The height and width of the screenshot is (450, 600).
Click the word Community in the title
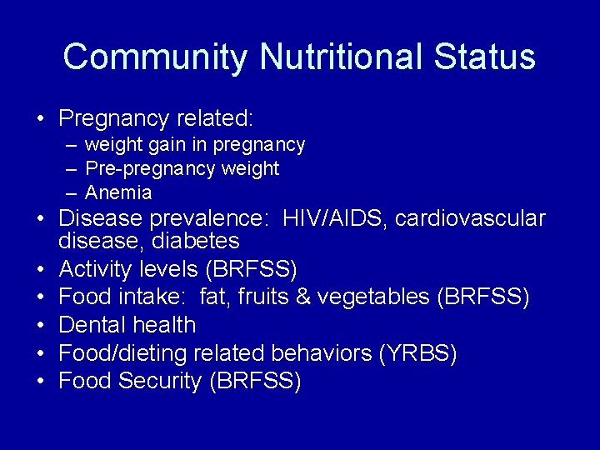coord(155,57)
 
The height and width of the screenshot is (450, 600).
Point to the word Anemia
coord(118,193)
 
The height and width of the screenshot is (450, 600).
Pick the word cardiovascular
coord(470,219)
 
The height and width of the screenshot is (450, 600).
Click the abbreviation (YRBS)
coord(417,353)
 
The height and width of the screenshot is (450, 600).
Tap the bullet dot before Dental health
coord(41,326)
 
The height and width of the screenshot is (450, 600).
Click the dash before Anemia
coord(72,193)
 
